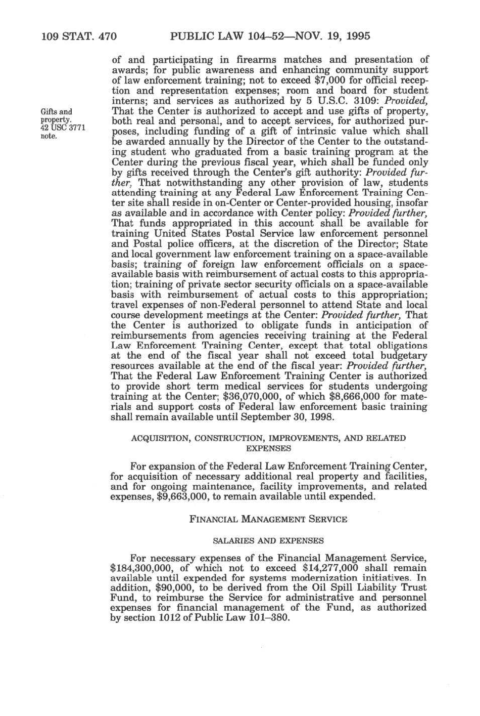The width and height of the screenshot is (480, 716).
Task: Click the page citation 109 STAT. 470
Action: (79, 36)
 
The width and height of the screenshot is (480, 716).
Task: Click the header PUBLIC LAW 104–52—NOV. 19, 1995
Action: (271, 36)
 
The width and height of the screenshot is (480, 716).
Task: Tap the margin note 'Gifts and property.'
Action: (56, 115)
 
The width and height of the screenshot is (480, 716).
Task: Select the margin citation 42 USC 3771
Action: (59, 128)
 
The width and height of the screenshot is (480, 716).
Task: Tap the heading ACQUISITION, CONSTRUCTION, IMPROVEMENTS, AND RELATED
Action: (268, 438)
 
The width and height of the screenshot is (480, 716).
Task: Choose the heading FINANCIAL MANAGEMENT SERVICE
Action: (268, 519)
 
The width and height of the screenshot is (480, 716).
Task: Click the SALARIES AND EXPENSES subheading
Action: (268, 541)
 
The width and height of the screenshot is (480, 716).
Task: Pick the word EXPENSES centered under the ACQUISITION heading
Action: (268, 448)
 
